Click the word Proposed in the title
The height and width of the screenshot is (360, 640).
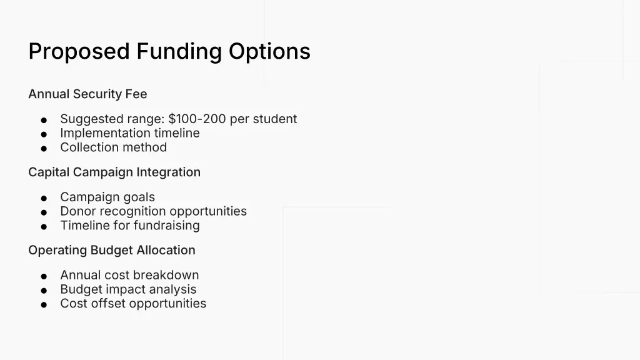79,51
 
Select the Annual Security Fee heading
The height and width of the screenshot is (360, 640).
87,94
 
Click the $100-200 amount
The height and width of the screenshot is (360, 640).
197,119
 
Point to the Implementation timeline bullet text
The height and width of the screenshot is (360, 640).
130,133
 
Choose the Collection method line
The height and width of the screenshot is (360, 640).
114,147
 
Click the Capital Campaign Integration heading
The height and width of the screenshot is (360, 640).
114,172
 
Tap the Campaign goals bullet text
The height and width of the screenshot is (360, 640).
107,197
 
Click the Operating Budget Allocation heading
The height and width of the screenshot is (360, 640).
112,250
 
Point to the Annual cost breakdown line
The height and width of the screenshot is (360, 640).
129,275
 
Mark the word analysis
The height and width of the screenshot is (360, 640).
172,289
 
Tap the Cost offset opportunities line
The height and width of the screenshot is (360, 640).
133,304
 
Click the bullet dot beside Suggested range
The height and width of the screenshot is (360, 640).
44,120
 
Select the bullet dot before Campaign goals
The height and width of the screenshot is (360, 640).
44,198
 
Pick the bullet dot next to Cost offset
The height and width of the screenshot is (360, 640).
44,305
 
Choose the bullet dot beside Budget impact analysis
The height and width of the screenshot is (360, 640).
44,291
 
